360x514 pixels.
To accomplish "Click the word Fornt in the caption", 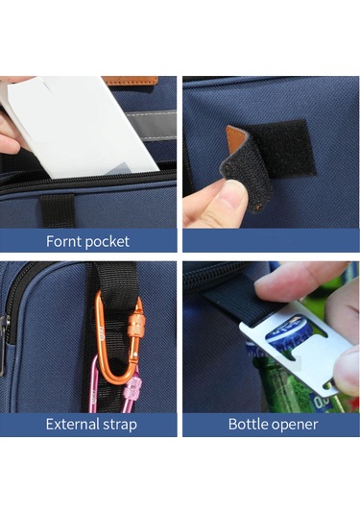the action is coord(63,241).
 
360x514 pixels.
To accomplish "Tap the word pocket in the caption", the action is coord(108,242).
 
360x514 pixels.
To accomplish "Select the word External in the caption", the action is coord(73,424).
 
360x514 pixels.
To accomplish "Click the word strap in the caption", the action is coord(120,425).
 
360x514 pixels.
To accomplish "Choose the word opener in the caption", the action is coord(295,425).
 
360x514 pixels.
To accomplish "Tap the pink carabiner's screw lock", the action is coord(135,388).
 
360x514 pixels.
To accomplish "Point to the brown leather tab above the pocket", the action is coord(131,81).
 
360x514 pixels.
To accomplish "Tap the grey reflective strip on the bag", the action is coord(151,125).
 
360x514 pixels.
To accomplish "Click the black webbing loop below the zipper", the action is coord(58,210).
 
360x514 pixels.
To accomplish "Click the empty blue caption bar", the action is coord(271,240).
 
